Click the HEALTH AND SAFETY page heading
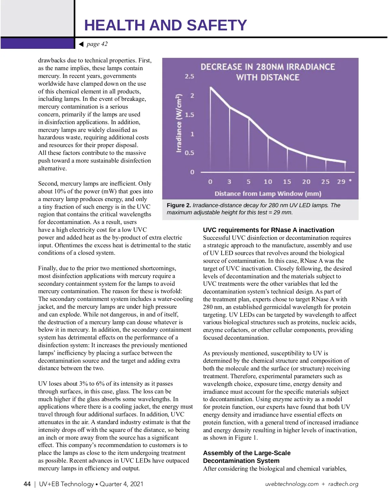[x=165, y=25]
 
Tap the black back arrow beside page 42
[x=81, y=44]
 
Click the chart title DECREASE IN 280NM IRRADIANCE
[x=268, y=67]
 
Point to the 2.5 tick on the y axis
[x=189, y=76]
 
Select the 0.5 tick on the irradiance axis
[x=189, y=153]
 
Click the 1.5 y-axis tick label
[x=189, y=115]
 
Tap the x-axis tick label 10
[x=268, y=182]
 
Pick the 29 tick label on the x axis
[x=341, y=182]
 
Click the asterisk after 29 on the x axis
[x=350, y=181]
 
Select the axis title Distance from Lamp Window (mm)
[x=268, y=194]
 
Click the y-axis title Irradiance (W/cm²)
[x=179, y=123]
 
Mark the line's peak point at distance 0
[x=211, y=87]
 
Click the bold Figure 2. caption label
[x=179, y=205]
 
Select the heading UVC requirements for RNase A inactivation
[x=268, y=230]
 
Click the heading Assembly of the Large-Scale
[x=247, y=453]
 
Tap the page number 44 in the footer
[x=27, y=484]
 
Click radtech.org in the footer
[x=343, y=484]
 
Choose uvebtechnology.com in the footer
[x=292, y=484]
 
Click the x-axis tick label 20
[x=306, y=182]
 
